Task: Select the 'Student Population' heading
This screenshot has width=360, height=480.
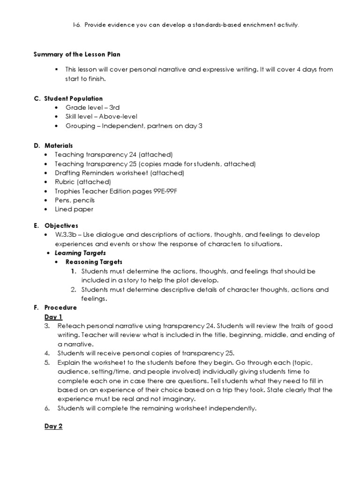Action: (x=74, y=99)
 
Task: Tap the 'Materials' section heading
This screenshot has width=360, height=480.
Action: (x=59, y=146)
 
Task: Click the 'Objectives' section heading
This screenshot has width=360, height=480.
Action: (x=61, y=225)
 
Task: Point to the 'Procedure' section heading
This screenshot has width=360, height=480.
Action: (x=60, y=308)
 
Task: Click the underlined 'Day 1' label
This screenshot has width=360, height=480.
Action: (x=53, y=317)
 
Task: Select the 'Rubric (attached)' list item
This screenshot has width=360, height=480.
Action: (x=82, y=182)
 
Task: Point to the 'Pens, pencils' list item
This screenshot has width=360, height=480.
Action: (x=75, y=200)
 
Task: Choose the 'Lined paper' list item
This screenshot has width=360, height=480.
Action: (x=74, y=209)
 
